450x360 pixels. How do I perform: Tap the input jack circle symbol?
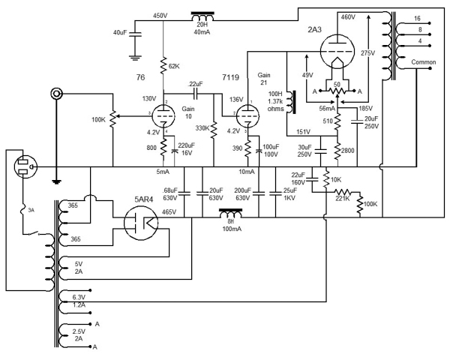tap(54, 94)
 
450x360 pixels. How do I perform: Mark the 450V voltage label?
tap(160, 16)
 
